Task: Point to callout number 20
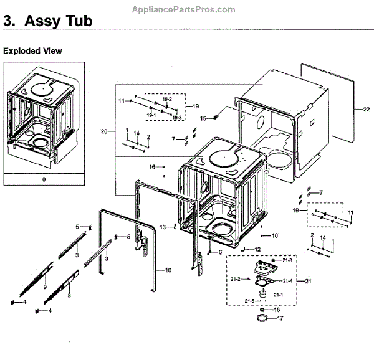point(104,131)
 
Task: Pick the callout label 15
point(203,118)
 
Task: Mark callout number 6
point(220,252)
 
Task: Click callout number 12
point(257,249)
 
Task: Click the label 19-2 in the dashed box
point(167,100)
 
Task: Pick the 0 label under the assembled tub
point(43,179)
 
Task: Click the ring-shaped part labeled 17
point(262,320)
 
